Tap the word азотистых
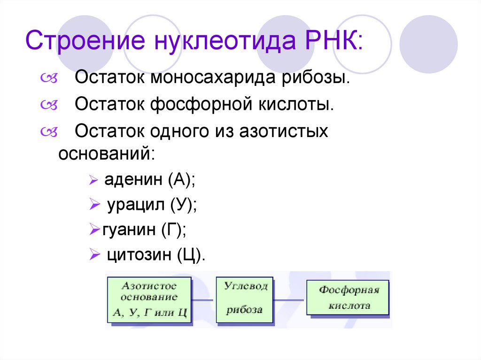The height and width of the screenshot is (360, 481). pos(283,131)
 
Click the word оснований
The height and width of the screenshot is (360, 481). pos(106,153)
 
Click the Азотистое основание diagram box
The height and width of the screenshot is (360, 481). pos(149,299)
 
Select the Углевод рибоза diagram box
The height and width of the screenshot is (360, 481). pos(244,299)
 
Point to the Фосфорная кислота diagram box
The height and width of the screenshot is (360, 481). pos(348,297)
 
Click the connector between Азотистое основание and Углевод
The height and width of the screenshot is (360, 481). pos(204,299)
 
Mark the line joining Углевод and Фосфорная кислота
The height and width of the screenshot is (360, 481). pos(290,299)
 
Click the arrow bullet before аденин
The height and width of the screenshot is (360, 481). pos(93,180)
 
